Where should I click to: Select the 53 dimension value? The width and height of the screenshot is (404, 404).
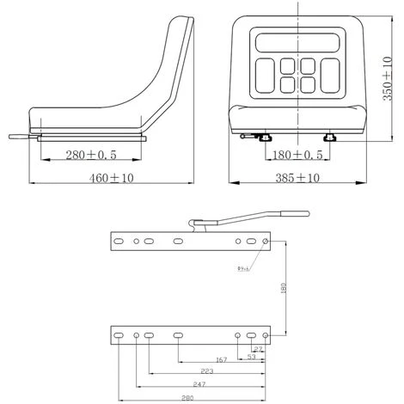point(250,357)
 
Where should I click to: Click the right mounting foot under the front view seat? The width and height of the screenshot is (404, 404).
point(329,138)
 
